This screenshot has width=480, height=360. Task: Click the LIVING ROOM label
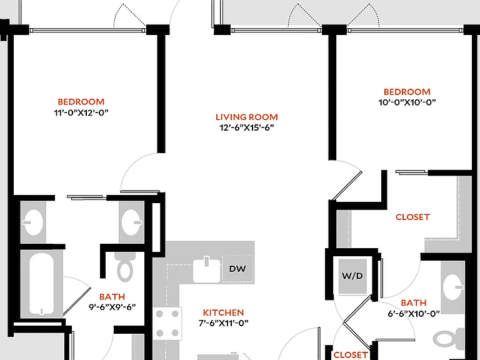point(247,117)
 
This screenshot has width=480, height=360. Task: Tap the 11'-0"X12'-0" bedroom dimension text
point(81,112)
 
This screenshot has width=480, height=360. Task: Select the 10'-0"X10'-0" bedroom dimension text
point(407,102)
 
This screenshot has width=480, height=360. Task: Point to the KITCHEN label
point(224,312)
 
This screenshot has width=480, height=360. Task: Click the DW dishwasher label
point(237,269)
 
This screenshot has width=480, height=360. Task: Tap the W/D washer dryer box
point(352,276)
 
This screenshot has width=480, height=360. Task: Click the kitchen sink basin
point(207,271)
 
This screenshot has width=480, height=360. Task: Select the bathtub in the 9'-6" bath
point(42,284)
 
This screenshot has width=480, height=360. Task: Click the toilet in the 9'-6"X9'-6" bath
point(125,266)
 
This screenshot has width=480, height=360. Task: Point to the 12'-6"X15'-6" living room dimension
point(247,127)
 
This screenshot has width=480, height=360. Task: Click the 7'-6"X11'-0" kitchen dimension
point(224,323)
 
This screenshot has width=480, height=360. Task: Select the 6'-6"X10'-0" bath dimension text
point(414,314)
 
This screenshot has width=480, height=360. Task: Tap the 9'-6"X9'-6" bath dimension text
point(112,307)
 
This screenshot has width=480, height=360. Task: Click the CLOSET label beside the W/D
point(412,217)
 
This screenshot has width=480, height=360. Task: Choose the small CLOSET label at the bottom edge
point(351,355)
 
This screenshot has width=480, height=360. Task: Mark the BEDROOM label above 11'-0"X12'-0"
point(81,102)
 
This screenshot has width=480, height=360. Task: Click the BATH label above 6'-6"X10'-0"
point(414,302)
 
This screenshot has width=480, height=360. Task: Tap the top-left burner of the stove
point(159,314)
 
